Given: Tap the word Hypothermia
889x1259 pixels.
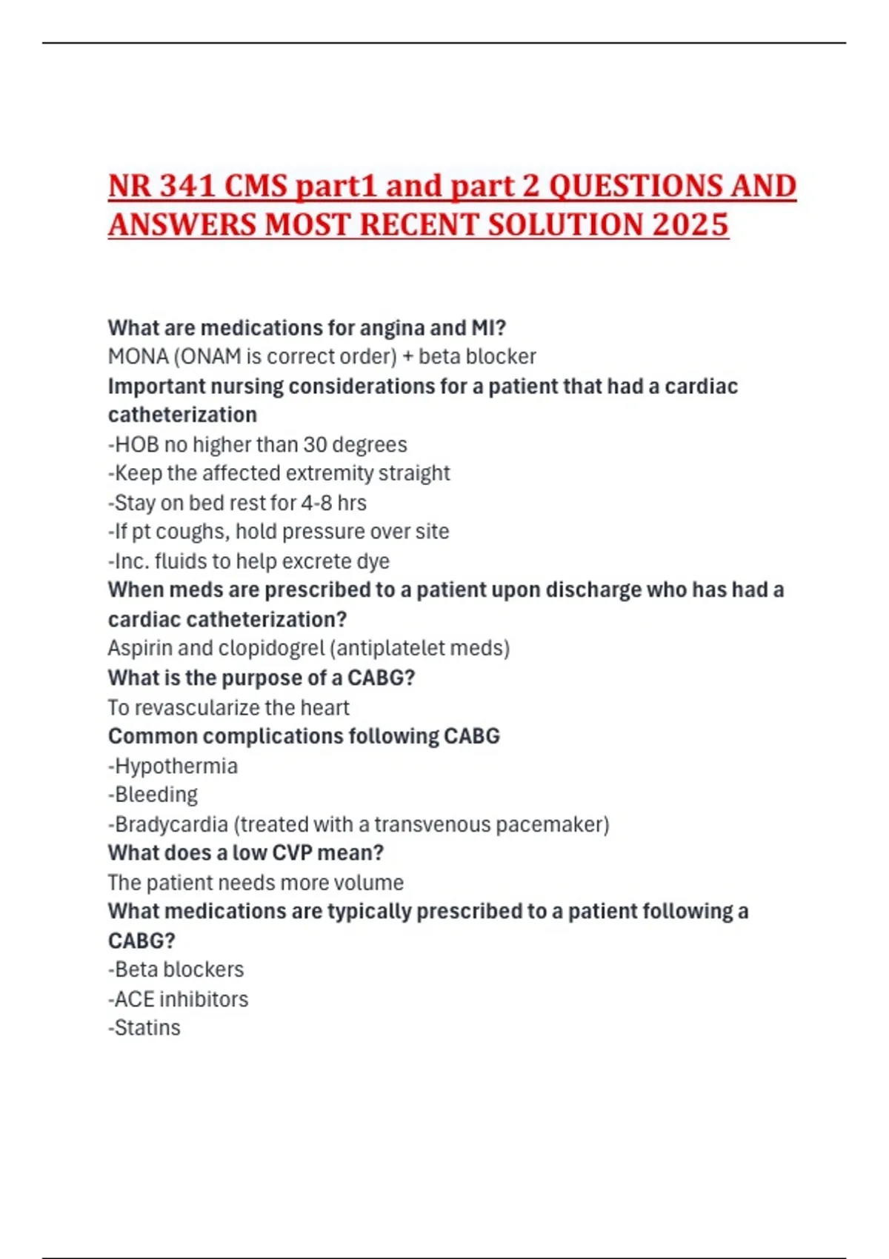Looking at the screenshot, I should pos(176,766).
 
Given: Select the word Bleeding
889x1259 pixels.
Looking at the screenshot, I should pos(156,795).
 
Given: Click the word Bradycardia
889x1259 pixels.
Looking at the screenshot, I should pos(171,824).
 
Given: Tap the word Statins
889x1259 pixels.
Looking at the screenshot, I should pos(147,1028).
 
